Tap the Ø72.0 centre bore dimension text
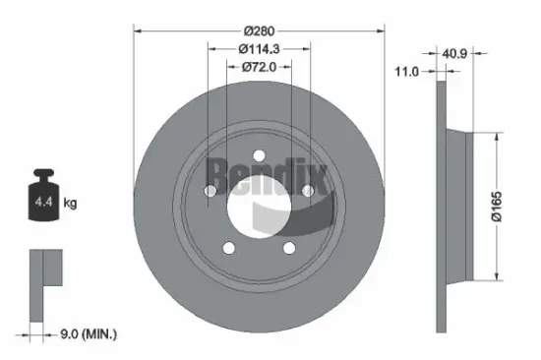tap(258, 67)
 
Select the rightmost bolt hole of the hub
tap(307, 189)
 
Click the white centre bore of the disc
tap(259, 207)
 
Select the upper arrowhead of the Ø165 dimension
tap(495, 141)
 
